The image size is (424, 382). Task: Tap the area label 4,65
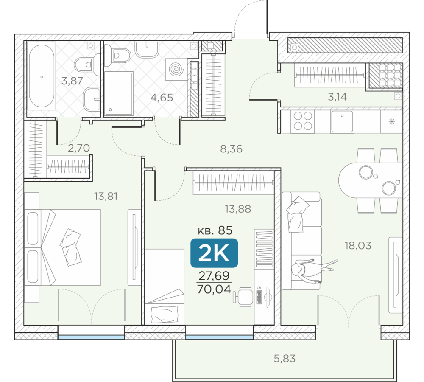[x=162, y=98]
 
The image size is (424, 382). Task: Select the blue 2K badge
[x=214, y=253]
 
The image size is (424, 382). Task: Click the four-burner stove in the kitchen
[x=303, y=121]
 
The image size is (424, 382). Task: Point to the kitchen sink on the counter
[x=342, y=121]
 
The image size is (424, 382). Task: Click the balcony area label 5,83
[x=285, y=359]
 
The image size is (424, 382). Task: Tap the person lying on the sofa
[x=314, y=271]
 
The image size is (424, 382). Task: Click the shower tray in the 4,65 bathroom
[x=119, y=93]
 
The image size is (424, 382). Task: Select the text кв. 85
[x=215, y=230]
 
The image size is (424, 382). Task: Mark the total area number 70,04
[x=214, y=289]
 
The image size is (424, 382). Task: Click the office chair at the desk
[x=243, y=297]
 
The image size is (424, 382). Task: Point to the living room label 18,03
[x=358, y=246]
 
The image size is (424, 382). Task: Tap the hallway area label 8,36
[x=231, y=149]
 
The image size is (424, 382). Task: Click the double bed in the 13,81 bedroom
[x=62, y=247]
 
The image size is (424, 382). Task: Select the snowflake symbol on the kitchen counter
[x=391, y=121]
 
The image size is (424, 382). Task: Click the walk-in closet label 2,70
[x=79, y=148]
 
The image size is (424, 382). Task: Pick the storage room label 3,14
[x=337, y=97]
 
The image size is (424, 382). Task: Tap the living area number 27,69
[x=214, y=275]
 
